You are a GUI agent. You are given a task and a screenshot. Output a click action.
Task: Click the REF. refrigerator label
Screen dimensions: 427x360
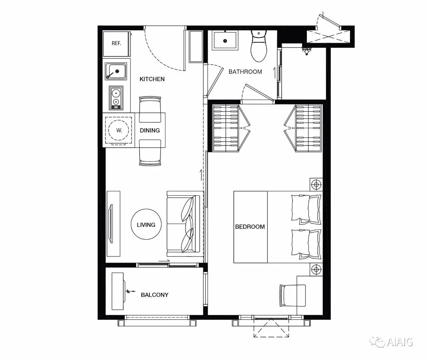point(116,43)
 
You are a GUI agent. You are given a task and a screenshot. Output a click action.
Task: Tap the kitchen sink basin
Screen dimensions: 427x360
point(116,71)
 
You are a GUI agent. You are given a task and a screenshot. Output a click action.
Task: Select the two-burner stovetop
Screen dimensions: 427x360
point(116,98)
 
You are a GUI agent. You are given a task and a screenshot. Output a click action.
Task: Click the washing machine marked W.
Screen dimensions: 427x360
point(118,130)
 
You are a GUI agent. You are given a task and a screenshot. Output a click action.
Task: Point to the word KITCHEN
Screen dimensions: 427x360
point(152,79)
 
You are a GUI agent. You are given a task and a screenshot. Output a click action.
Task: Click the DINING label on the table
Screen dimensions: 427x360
point(150,131)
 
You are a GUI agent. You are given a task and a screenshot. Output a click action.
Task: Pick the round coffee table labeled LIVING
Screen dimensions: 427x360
point(146,224)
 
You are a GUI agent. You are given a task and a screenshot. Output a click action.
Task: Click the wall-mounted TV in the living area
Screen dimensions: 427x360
point(111,224)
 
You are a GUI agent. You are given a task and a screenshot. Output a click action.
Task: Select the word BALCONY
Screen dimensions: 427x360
point(154,295)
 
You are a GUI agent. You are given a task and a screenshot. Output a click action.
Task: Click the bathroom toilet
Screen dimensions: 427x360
point(259,46)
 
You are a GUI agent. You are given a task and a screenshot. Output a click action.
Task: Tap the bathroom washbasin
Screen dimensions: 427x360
point(225,40)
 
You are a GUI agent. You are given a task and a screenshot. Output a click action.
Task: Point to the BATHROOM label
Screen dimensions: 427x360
point(245,72)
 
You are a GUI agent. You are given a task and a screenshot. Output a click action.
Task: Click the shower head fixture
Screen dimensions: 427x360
point(307,50)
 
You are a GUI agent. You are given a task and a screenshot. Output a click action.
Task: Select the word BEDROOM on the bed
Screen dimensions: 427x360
point(250,227)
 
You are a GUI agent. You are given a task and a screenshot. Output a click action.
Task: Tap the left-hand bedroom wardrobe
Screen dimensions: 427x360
point(226,128)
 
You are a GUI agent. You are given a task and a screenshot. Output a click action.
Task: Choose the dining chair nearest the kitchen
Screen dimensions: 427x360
point(150,110)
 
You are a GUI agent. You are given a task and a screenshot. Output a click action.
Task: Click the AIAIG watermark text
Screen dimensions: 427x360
point(400,342)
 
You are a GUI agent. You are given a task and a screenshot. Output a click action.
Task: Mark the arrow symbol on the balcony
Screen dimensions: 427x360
point(130,291)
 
